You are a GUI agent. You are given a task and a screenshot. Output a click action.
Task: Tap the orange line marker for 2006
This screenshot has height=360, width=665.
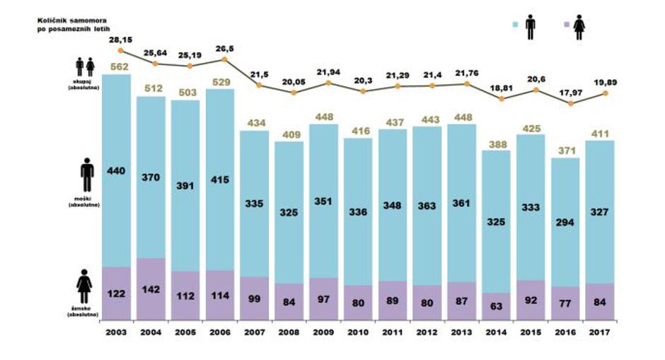[x=225, y=59]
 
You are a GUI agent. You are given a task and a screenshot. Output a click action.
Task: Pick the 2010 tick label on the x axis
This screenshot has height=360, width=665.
[x=358, y=332]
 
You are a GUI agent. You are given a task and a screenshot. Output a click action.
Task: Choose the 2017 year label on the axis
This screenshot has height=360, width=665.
[x=601, y=332]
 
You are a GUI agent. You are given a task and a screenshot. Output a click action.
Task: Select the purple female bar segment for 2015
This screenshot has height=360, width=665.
[x=531, y=297]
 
